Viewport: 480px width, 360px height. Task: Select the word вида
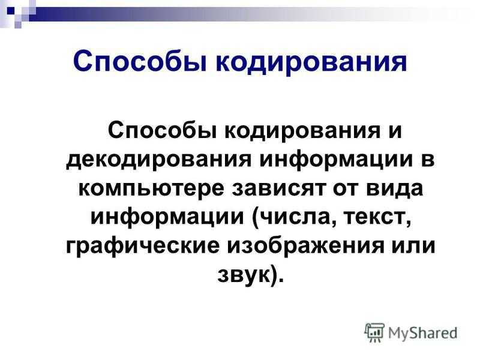point(394,188)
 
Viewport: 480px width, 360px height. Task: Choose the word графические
point(143,246)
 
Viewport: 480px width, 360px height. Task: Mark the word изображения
point(305,245)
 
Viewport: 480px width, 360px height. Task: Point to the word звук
point(245,275)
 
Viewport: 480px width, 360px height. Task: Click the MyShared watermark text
point(423,333)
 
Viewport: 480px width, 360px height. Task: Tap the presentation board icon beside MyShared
point(374,332)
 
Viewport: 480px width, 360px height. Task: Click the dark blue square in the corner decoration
point(11,11)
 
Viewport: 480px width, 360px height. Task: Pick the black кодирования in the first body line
point(302,131)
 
